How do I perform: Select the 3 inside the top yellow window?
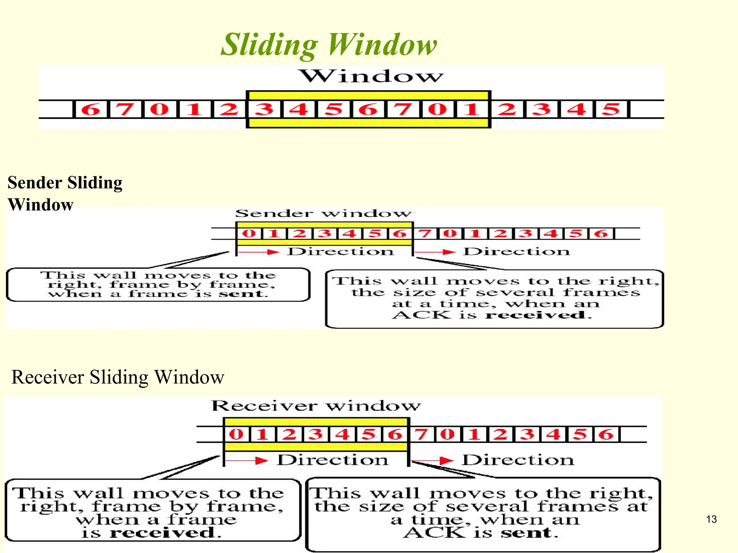coord(264,109)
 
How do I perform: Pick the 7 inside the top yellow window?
coord(403,109)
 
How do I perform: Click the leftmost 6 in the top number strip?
coord(90,109)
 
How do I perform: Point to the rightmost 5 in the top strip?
coord(612,109)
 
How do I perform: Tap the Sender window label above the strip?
coord(323,213)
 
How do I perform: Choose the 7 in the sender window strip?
coord(425,233)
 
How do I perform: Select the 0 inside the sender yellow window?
coord(249,233)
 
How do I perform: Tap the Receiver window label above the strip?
coord(316,406)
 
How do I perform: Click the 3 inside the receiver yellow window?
coord(316,434)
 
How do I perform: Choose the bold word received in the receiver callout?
coord(162,532)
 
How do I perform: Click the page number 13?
coord(711,519)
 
